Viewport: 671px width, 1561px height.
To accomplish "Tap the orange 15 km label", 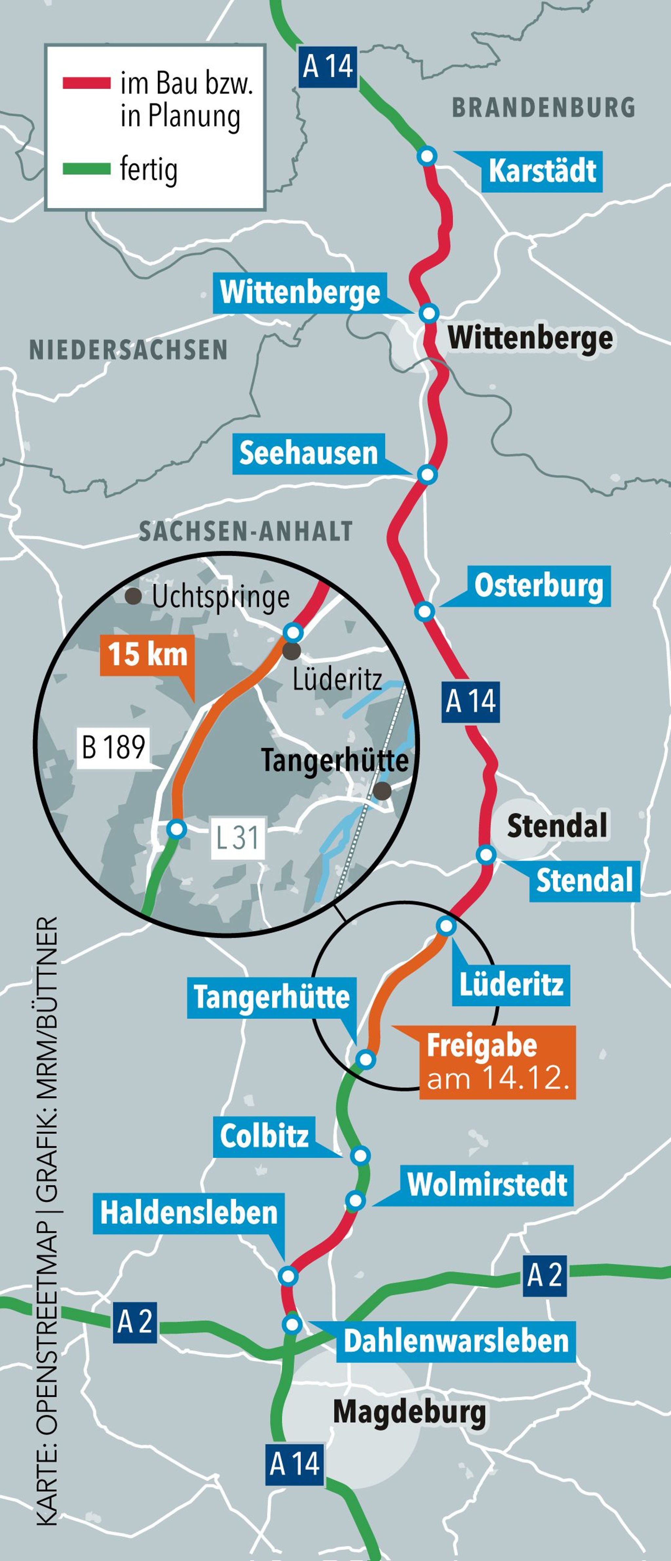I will point(147,655).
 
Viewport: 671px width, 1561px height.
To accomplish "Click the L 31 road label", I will point(238,838).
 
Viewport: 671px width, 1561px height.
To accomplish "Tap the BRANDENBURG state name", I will point(543,107).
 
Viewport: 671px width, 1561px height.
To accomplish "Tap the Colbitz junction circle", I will point(361,1156).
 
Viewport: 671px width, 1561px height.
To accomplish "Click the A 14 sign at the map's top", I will point(328,66).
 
